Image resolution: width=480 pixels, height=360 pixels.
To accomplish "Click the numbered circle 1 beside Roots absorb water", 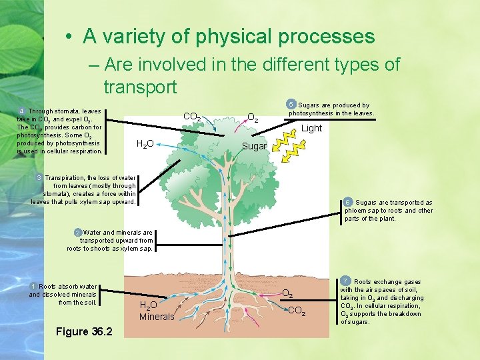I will pyautogui.click(x=34, y=286).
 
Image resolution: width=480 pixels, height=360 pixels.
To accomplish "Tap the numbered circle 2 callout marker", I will pyautogui.click(x=79, y=233).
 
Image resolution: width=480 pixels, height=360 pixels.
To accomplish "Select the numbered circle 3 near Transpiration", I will pyautogui.click(x=39, y=178).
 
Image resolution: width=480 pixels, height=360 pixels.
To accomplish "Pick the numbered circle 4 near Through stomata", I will pyautogui.click(x=22, y=111).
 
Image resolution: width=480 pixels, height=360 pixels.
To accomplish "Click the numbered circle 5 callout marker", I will pyautogui.click(x=291, y=104).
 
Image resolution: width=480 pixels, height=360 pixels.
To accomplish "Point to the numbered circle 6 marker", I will pyautogui.click(x=348, y=202).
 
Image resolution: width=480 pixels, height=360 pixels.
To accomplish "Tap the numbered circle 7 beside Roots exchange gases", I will pyautogui.click(x=345, y=281).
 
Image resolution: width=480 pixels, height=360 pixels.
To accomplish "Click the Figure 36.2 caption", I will pyautogui.click(x=84, y=331).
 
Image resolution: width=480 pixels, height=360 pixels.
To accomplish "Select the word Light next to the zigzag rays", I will pyautogui.click(x=311, y=128).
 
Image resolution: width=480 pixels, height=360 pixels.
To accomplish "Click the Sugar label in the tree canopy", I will pyautogui.click(x=254, y=146).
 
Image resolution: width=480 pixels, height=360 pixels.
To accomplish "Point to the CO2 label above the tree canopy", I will pyautogui.click(x=192, y=117).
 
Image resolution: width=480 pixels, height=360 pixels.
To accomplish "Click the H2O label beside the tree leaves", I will pyautogui.click(x=145, y=143).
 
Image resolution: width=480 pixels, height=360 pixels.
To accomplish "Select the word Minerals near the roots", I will pyautogui.click(x=156, y=317).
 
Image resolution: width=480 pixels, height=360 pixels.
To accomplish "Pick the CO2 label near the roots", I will pyautogui.click(x=297, y=311).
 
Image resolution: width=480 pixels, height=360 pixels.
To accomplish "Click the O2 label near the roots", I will pyautogui.click(x=288, y=293).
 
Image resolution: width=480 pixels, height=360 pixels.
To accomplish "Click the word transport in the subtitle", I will pyautogui.click(x=140, y=87).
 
